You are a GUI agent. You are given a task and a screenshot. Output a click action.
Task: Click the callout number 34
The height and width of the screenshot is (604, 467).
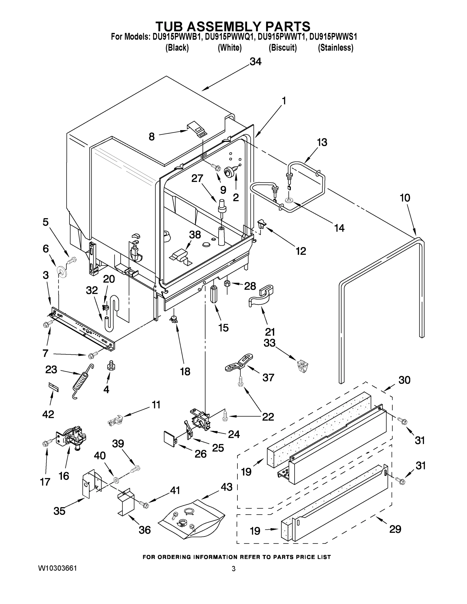[x=255, y=62]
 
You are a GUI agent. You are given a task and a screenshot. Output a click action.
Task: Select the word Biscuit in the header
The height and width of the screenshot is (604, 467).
[x=282, y=48]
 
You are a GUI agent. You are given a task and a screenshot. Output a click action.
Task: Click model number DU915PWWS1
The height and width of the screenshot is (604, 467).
[x=333, y=37]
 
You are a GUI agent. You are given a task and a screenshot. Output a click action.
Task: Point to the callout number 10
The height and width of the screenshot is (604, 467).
[x=405, y=198]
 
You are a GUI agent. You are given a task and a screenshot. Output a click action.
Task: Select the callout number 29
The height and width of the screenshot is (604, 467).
[x=395, y=529]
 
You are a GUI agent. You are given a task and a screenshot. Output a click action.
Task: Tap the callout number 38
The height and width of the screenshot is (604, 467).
[x=195, y=235]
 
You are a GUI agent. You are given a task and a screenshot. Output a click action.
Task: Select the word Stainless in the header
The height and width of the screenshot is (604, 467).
[x=335, y=48]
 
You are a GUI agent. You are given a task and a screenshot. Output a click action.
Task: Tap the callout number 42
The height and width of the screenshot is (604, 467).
[x=48, y=414]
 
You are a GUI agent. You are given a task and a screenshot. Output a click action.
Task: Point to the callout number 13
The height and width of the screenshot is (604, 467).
[x=322, y=142]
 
